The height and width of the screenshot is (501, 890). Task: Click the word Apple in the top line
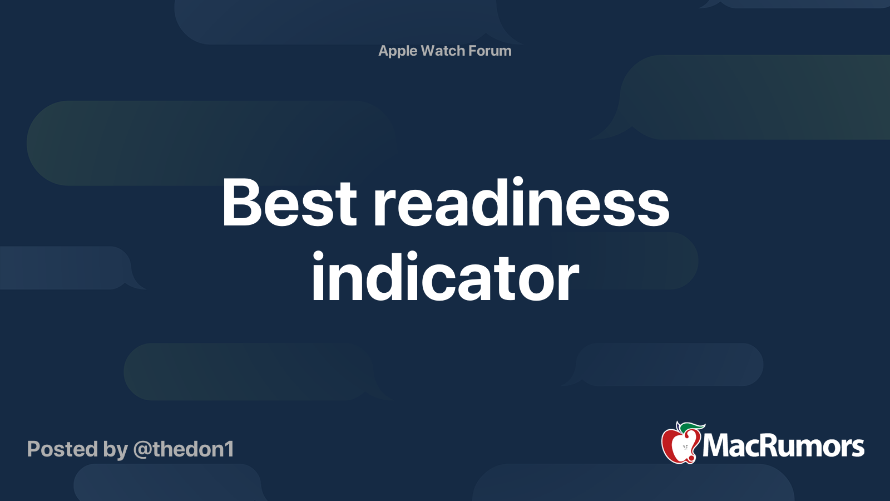point(398,51)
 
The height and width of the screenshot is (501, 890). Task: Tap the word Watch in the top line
point(443,51)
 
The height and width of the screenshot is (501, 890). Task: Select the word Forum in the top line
point(489,51)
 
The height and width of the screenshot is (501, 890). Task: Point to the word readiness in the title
point(521,203)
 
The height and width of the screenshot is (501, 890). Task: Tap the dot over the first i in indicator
point(318,257)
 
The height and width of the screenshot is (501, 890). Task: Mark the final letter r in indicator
point(570,283)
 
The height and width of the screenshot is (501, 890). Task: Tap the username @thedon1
point(184,449)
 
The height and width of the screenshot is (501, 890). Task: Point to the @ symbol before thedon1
point(142,450)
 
